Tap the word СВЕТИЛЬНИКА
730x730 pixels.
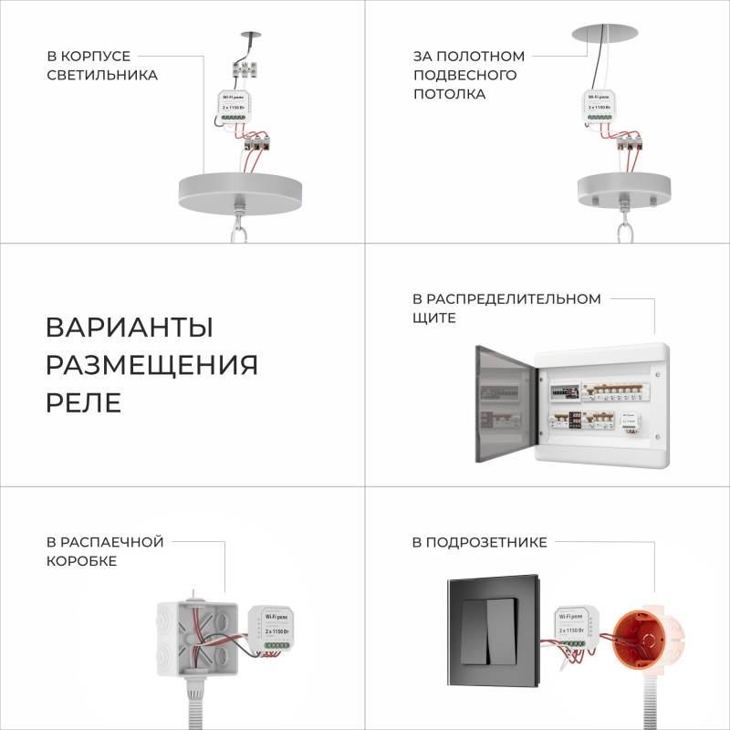102,75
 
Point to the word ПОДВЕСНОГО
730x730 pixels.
465,75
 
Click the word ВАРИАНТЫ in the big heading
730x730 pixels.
130,328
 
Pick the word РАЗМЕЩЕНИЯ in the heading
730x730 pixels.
151,365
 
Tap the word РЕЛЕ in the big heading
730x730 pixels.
83,403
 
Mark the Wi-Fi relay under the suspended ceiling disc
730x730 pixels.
603,106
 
